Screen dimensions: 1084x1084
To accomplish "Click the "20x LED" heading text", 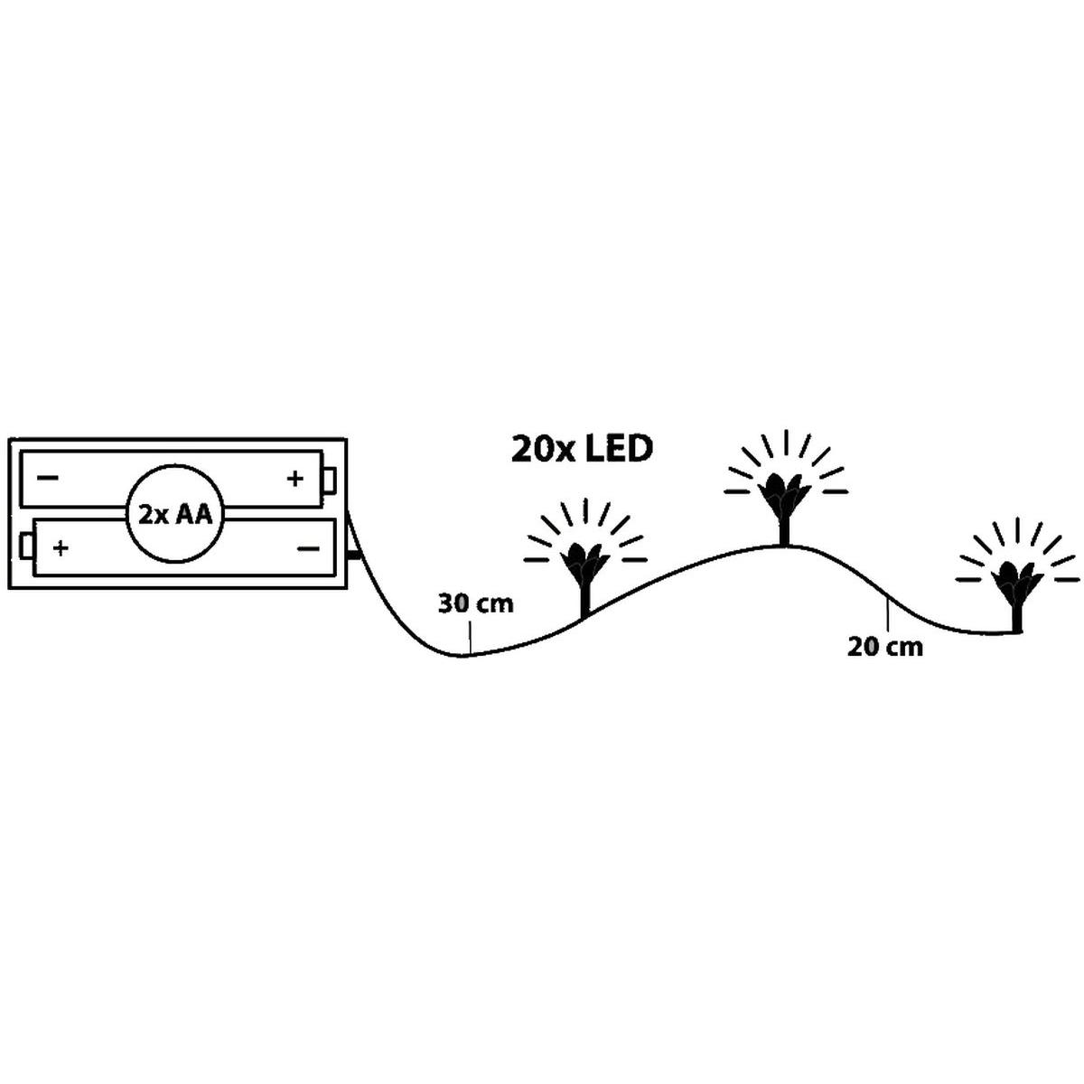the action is (x=582, y=450).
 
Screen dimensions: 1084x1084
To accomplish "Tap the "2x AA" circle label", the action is (x=175, y=515).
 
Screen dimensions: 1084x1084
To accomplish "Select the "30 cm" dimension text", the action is (x=476, y=603).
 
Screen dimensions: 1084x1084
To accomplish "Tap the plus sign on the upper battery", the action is (x=294, y=479).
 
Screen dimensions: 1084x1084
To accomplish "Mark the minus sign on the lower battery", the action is (x=308, y=548).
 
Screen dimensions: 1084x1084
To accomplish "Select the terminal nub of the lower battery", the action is (x=26, y=547).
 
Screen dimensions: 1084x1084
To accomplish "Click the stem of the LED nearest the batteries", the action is (x=585, y=599).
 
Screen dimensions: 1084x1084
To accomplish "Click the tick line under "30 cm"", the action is (x=470, y=639).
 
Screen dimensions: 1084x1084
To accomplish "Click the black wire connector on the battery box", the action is (x=354, y=556).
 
